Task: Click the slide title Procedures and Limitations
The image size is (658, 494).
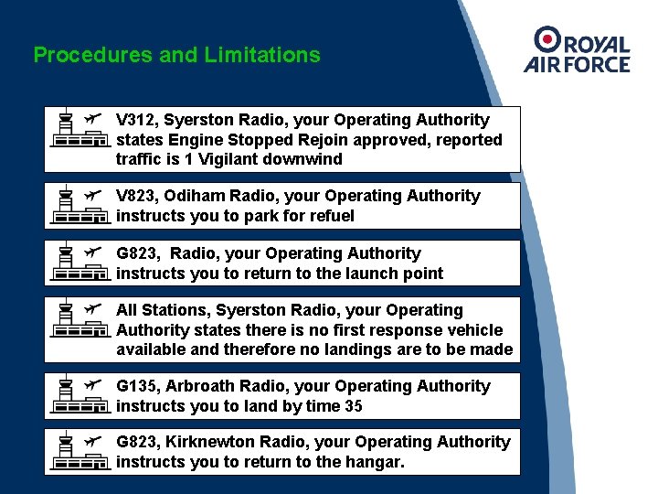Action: click(176, 55)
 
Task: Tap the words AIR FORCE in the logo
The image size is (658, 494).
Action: click(577, 64)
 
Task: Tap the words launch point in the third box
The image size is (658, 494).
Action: click(400, 274)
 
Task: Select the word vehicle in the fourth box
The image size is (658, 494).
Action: click(474, 330)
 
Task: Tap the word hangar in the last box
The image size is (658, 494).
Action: click(377, 462)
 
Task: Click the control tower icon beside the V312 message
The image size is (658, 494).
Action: click(66, 130)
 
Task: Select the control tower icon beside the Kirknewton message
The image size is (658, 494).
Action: click(66, 452)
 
